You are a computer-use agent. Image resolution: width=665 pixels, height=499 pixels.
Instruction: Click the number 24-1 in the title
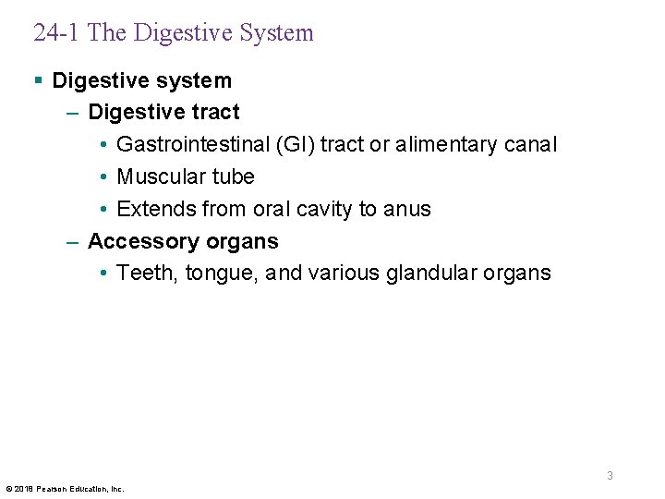[57, 33]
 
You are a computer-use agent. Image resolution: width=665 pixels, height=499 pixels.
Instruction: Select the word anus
[407, 209]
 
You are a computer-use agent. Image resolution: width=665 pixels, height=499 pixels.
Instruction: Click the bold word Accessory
[135, 241]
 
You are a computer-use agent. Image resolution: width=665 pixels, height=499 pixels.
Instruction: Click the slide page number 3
[610, 475]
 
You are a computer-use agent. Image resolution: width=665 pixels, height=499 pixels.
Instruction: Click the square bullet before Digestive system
[38, 80]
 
